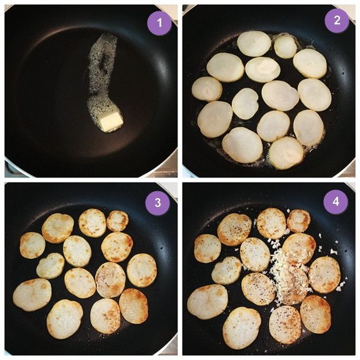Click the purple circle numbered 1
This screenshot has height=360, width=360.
tap(159, 22)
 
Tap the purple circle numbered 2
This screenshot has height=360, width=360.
tap(337, 21)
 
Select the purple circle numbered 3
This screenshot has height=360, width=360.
tap(157, 203)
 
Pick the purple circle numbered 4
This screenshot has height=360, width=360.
tap(336, 202)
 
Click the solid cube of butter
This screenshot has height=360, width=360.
tap(112, 122)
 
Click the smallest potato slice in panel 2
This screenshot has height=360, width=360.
tap(285, 46)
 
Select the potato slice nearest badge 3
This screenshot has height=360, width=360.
tap(117, 221)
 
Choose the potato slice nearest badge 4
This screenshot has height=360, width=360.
tap(299, 221)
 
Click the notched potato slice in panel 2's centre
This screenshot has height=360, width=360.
tap(245, 104)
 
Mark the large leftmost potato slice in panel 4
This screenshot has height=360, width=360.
tap(207, 302)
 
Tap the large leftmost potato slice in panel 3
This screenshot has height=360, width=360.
tap(32, 294)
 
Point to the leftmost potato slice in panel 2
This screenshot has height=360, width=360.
tap(207, 89)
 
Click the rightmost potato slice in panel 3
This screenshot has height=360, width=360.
tap(142, 270)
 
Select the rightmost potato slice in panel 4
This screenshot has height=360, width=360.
tap(324, 275)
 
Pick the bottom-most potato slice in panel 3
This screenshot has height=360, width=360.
tap(65, 319)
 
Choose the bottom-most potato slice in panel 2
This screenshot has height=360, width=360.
tap(286, 153)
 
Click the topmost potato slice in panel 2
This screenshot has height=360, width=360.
tap(254, 44)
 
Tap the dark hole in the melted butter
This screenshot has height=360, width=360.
tap(104, 62)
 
